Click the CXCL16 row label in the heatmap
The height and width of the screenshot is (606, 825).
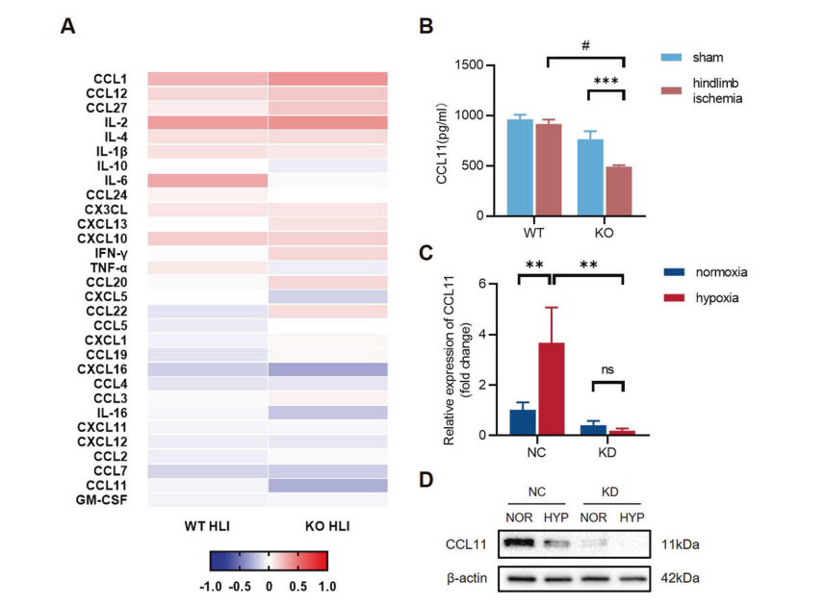[103, 369]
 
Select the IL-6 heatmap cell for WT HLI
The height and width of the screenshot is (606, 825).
[207, 181]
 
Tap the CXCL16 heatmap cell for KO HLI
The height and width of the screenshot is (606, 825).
[327, 369]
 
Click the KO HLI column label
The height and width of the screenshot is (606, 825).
[327, 526]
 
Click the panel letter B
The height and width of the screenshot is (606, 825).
[425, 26]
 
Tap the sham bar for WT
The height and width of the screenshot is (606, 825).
[519, 167]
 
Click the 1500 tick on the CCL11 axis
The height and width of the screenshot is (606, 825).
[470, 65]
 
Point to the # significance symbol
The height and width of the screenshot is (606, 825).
[585, 45]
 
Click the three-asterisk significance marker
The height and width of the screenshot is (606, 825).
[606, 83]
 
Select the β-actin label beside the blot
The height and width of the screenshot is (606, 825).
[469, 579]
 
